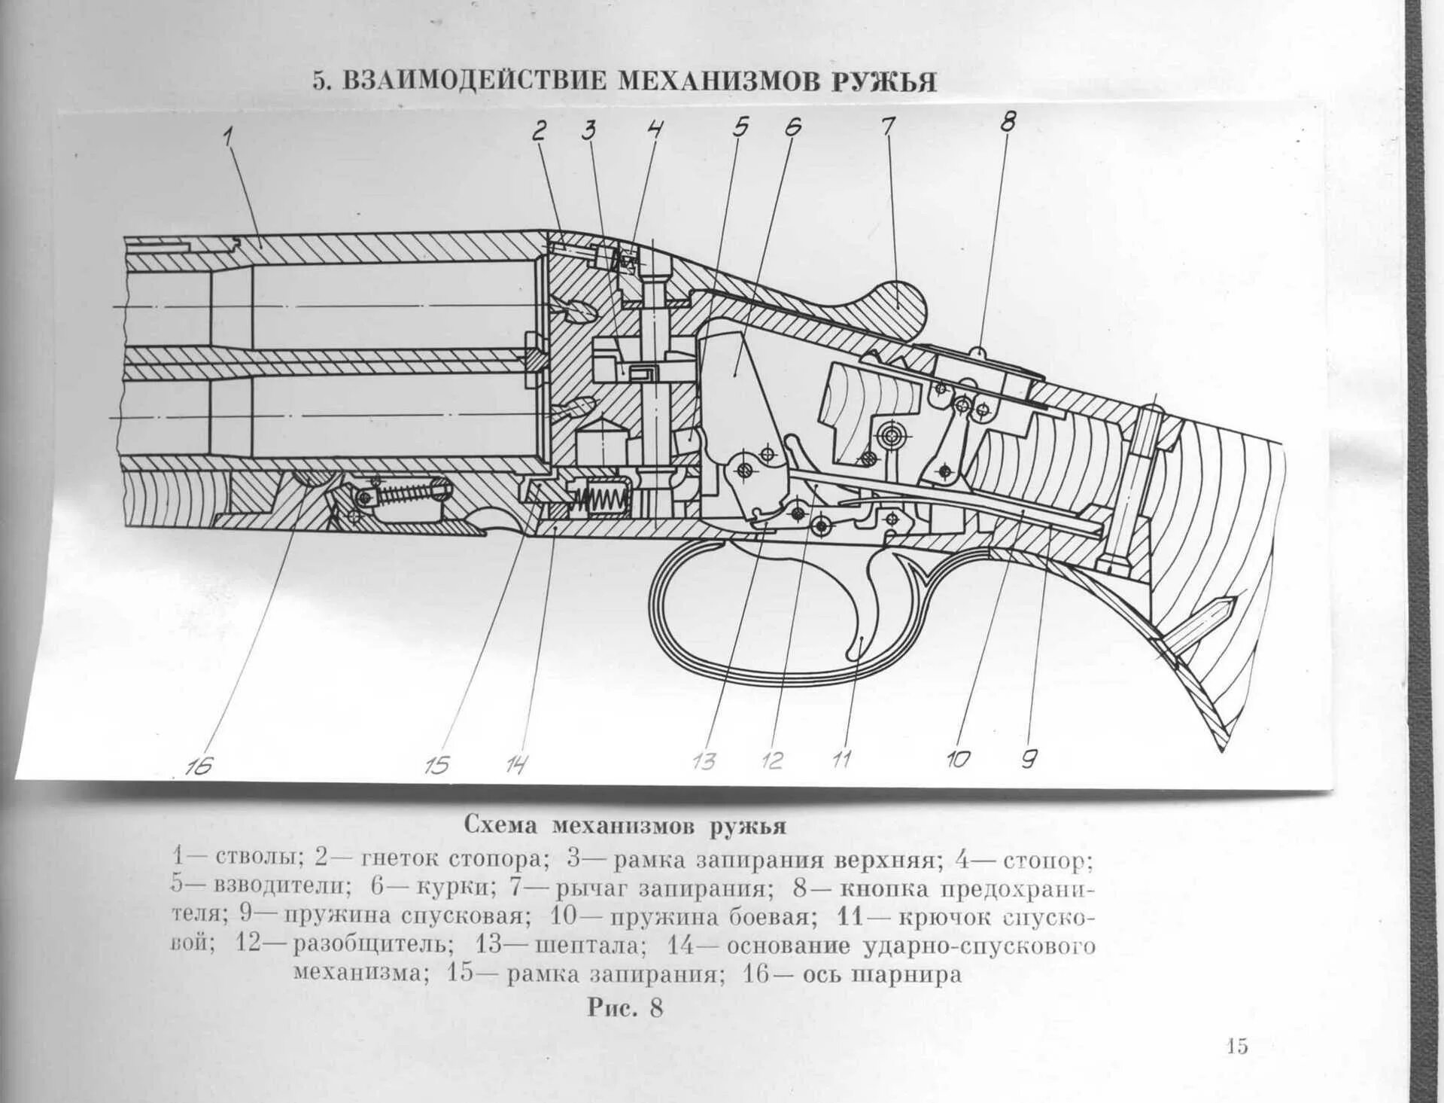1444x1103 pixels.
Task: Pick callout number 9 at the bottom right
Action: [x=1029, y=760]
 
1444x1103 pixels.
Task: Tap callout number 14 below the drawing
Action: [x=516, y=765]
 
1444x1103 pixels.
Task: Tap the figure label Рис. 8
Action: [x=625, y=1007]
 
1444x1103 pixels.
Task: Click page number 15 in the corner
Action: [x=1236, y=1046]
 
